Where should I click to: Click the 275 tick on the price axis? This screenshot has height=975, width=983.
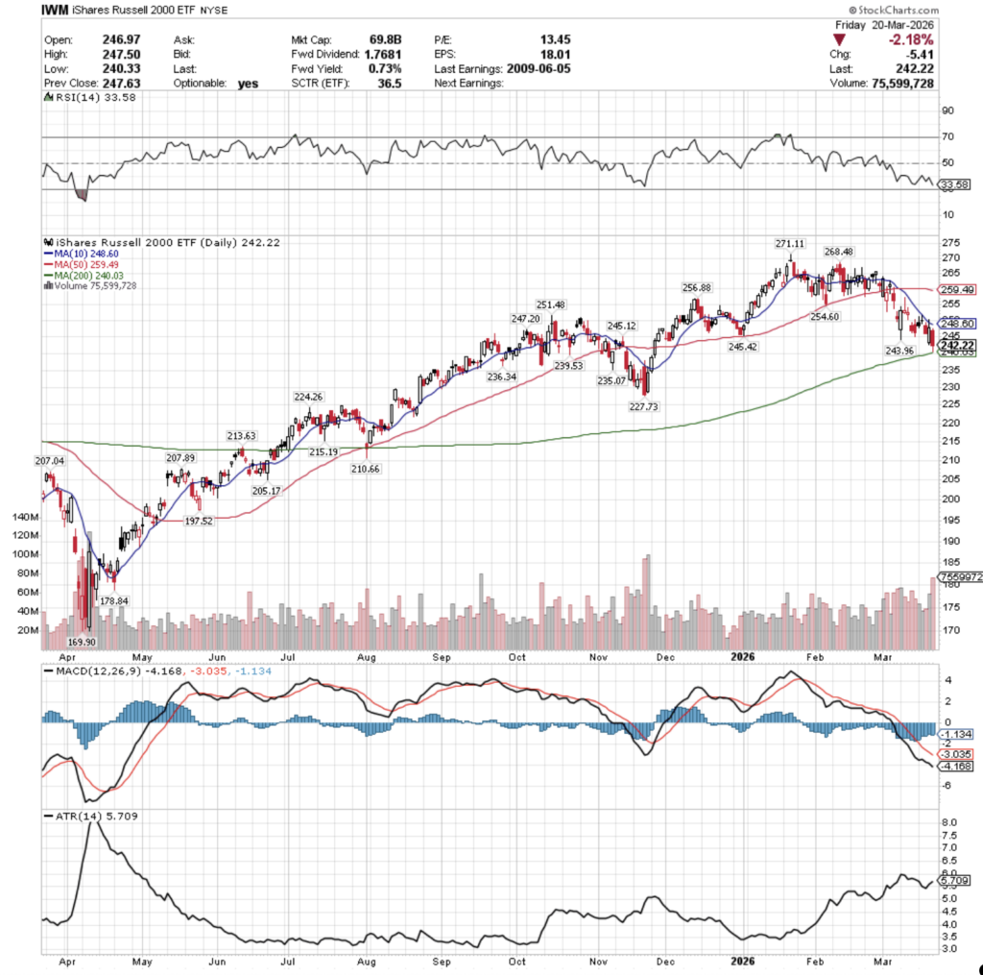(950, 241)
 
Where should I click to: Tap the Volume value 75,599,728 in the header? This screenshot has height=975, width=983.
(930, 84)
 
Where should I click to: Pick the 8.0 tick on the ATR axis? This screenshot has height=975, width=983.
(949, 823)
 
